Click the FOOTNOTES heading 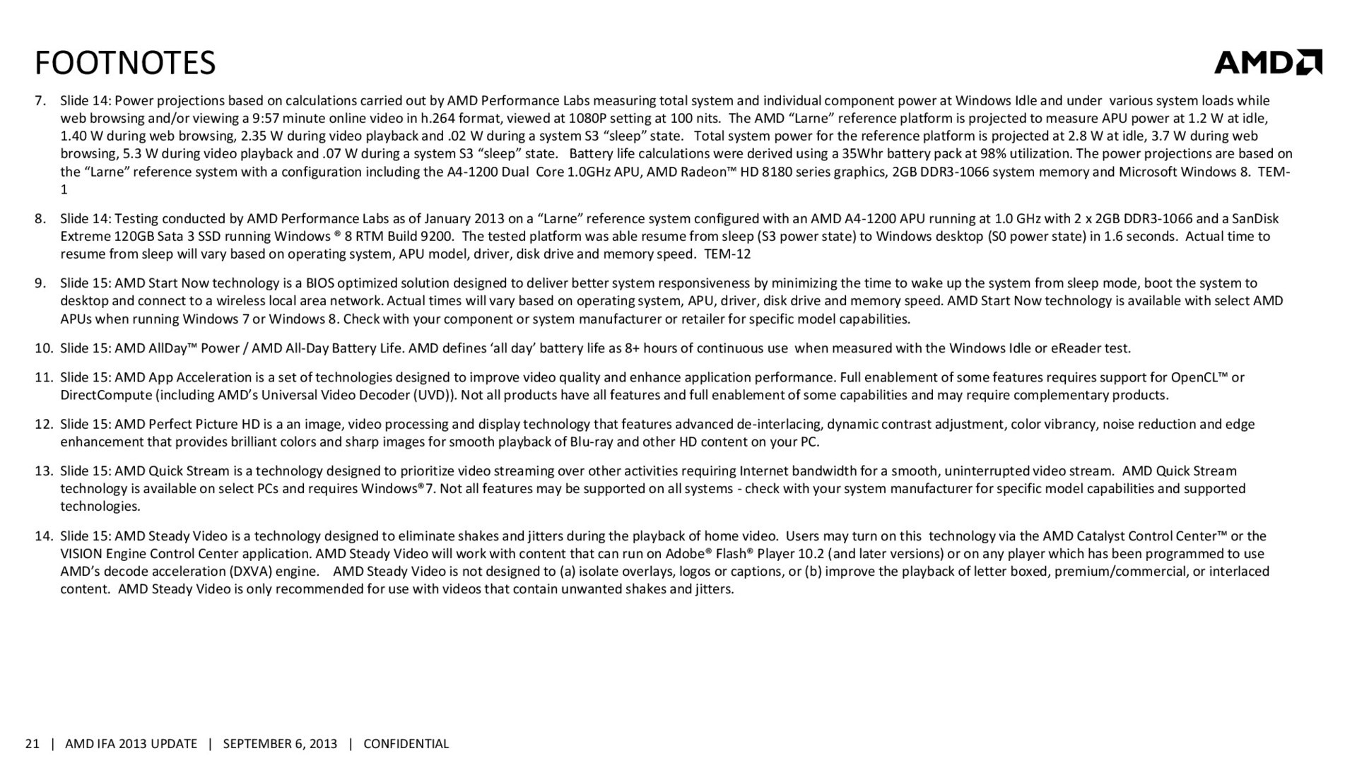125,63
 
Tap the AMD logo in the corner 1267,62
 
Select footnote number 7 40,101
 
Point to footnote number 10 44,348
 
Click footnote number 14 44,536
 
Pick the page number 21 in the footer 32,744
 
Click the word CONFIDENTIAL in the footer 406,744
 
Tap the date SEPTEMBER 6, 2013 280,744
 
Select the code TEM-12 727,254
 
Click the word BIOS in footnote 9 321,283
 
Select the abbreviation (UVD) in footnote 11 433,395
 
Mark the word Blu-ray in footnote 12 592,442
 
